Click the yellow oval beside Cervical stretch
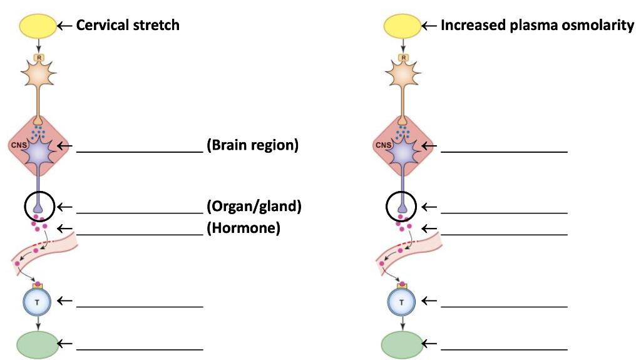pyautogui.click(x=38, y=26)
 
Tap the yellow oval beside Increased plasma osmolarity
pyautogui.click(x=402, y=26)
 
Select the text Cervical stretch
pyautogui.click(x=128, y=25)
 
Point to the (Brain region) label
pyautogui.click(x=252, y=145)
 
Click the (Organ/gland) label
pyautogui.click(x=254, y=207)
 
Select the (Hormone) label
pyautogui.click(x=243, y=228)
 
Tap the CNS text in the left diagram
pyautogui.click(x=17, y=145)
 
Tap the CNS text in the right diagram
pyautogui.click(x=382, y=145)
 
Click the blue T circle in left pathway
pyautogui.click(x=38, y=302)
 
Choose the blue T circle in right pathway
pyautogui.click(x=402, y=302)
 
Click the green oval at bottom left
pyautogui.click(x=36, y=344)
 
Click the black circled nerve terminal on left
pyautogui.click(x=40, y=206)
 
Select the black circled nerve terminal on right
pyautogui.click(x=404, y=206)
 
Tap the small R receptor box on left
pyautogui.click(x=39, y=57)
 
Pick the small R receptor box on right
pyautogui.click(x=404, y=57)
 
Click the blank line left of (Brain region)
pyautogui.click(x=139, y=150)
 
